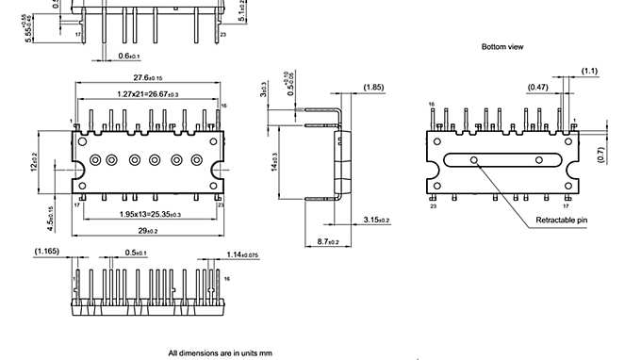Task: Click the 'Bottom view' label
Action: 501,46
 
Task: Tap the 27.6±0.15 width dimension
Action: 147,77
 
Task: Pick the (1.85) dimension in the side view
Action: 372,88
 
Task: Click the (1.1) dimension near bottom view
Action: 589,71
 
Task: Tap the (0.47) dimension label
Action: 538,87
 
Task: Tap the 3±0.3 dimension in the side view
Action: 263,89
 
